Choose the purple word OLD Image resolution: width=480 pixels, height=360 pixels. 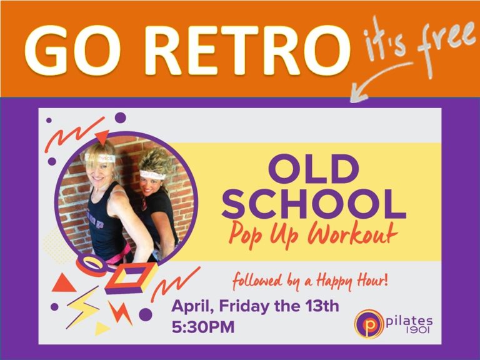314,169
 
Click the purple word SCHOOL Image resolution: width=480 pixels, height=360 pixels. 314,204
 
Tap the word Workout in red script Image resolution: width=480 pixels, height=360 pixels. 352,234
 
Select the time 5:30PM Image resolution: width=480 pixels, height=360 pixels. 203,327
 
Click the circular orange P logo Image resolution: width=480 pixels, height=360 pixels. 369,324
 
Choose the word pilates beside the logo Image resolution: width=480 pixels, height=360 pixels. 409,321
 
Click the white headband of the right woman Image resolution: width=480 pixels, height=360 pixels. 152,175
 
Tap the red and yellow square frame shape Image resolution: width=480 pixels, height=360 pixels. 132,277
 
